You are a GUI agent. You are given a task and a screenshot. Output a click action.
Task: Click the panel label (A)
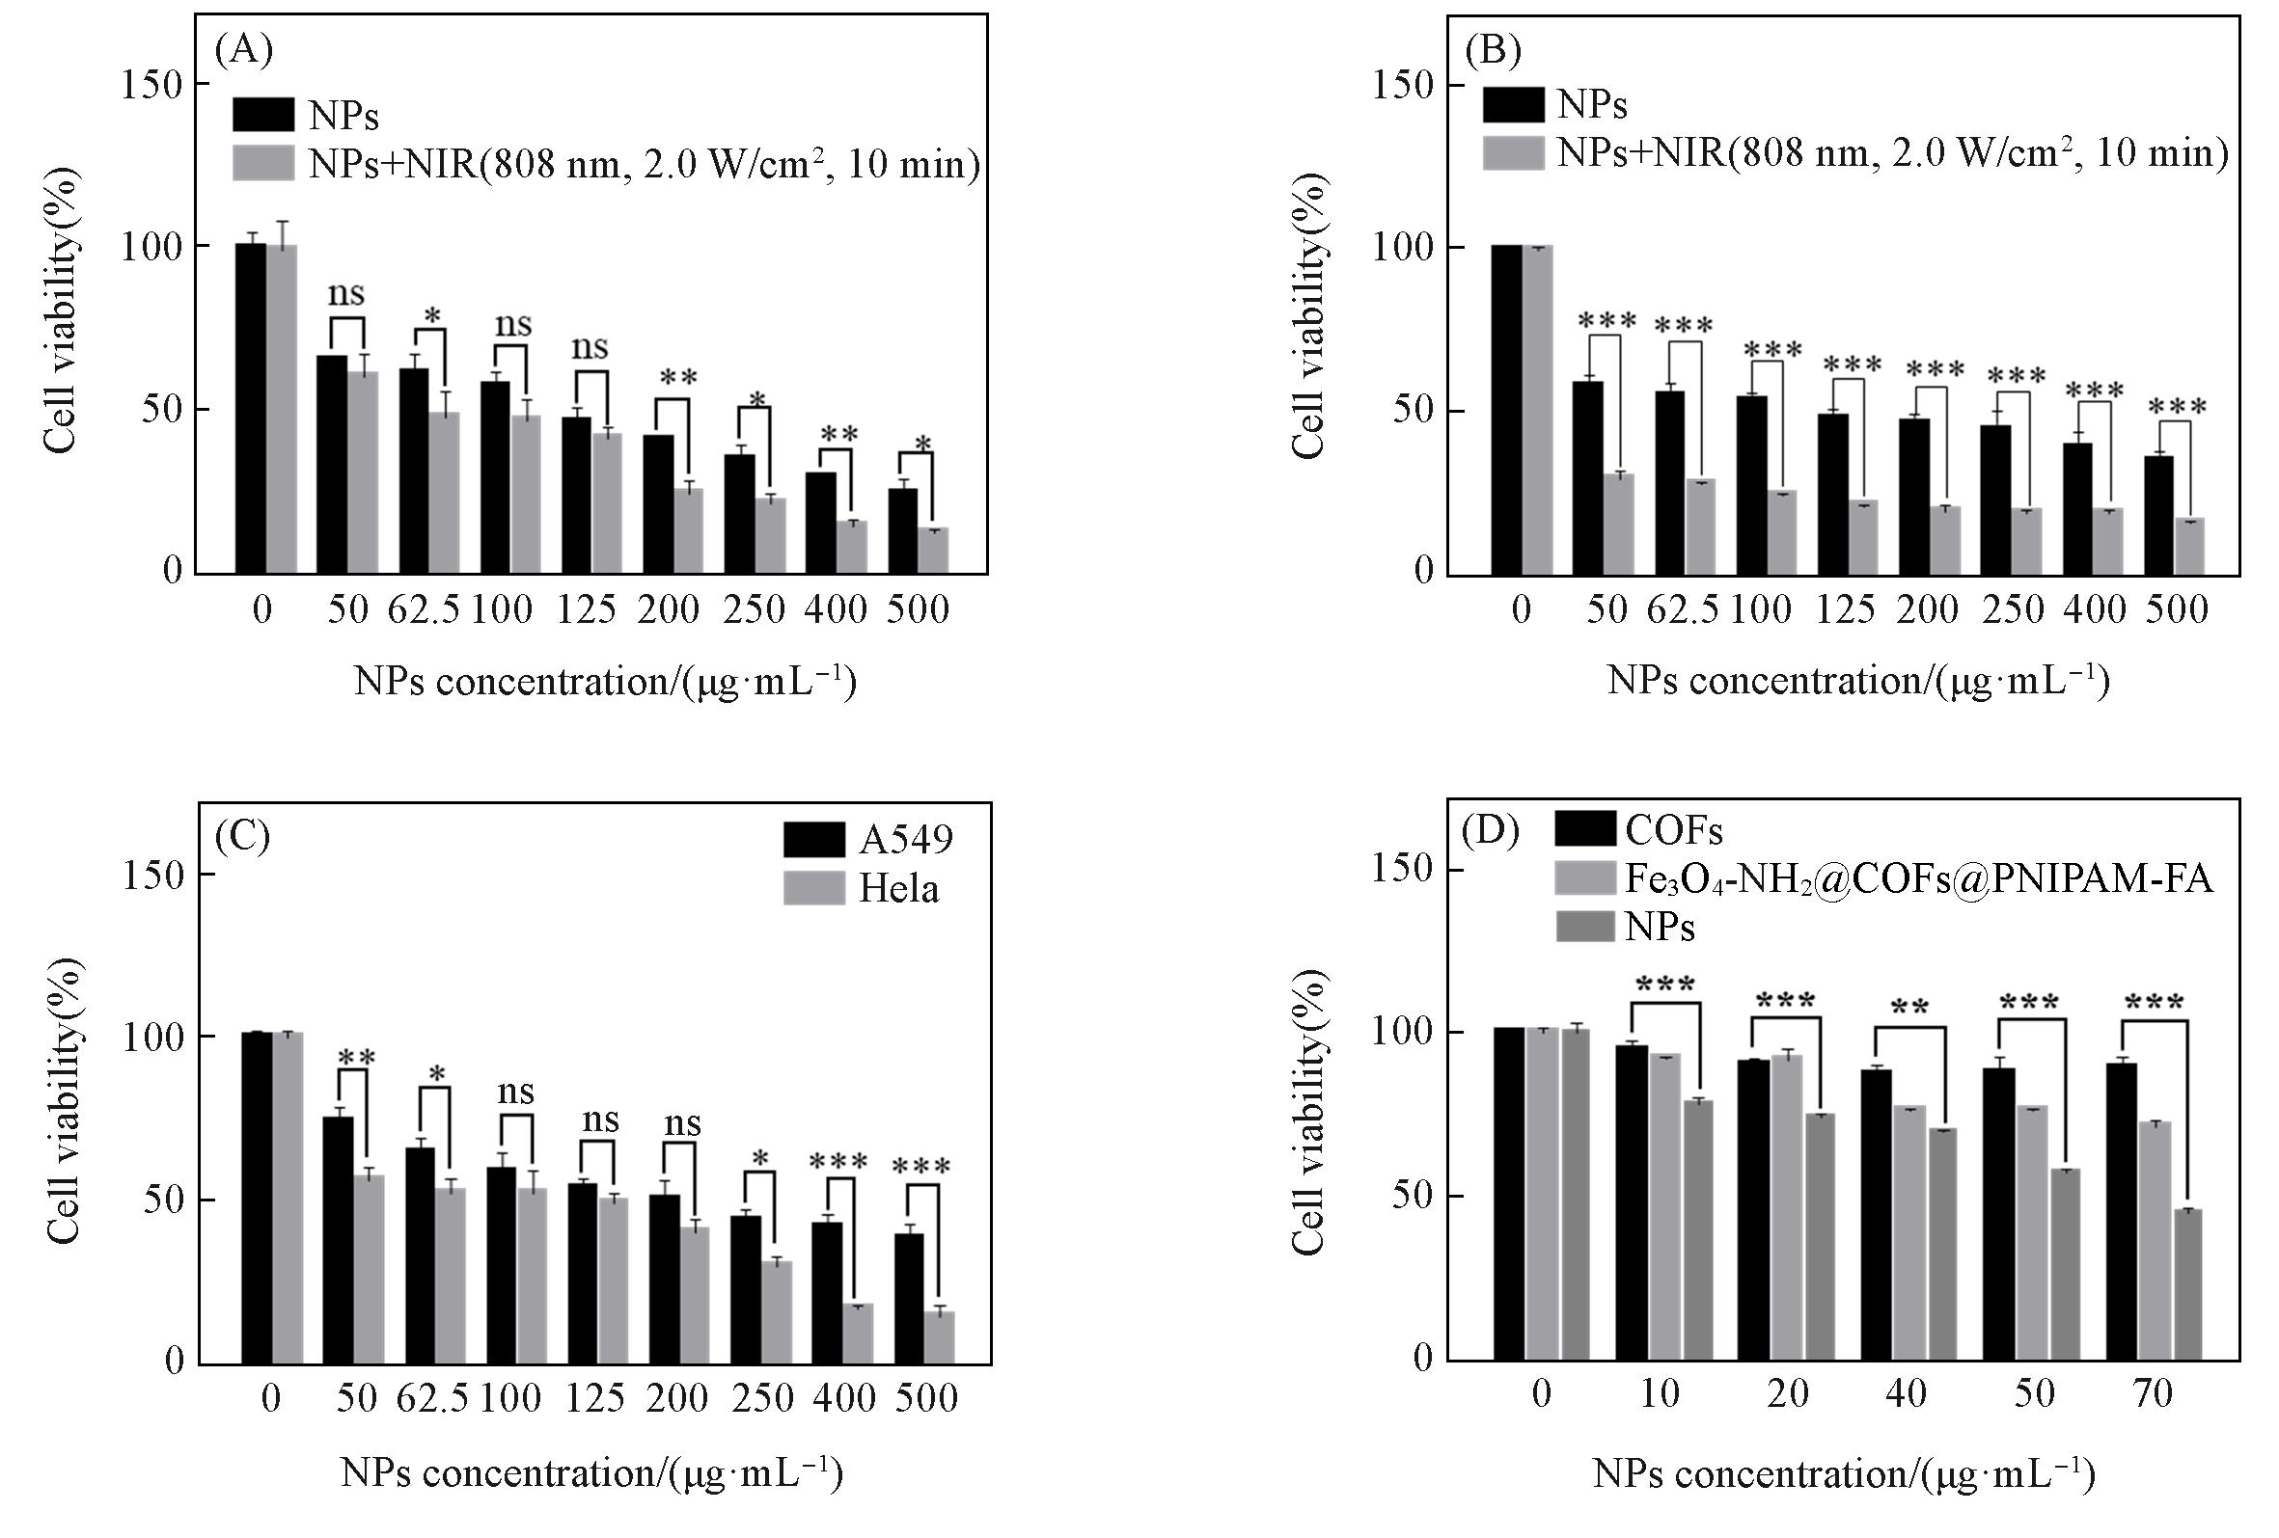click(243, 49)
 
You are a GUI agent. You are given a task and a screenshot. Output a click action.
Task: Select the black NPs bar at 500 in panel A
click(903, 530)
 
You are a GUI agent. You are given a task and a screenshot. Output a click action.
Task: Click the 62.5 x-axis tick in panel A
click(424, 609)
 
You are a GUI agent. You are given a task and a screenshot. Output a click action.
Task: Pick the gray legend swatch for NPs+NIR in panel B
click(1513, 153)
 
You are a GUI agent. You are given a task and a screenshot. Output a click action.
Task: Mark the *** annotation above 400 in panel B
click(2095, 392)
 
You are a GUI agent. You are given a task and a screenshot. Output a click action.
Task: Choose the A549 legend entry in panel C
click(868, 839)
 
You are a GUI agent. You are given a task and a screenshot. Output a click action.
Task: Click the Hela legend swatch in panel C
click(814, 888)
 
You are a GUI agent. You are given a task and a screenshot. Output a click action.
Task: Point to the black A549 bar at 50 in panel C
click(339, 1239)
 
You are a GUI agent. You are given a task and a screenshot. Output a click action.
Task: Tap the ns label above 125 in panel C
click(600, 1120)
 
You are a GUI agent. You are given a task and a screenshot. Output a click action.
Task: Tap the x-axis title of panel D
click(1844, 1473)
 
